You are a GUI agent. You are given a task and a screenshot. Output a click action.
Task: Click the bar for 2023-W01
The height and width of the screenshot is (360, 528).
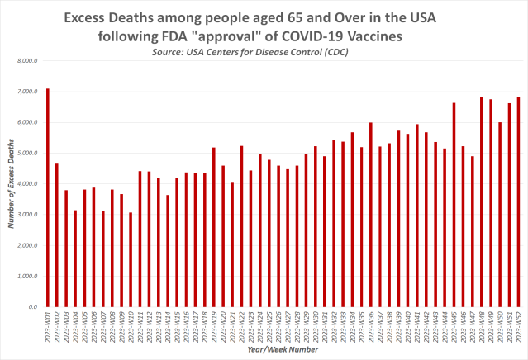pos(48,197)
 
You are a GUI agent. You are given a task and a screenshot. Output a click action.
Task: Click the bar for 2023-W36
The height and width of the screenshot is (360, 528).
pos(371,215)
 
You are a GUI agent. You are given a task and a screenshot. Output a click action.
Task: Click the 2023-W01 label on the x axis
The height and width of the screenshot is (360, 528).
pos(48,328)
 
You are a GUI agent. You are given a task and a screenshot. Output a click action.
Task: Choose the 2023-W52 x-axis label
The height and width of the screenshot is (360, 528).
pos(519,328)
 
